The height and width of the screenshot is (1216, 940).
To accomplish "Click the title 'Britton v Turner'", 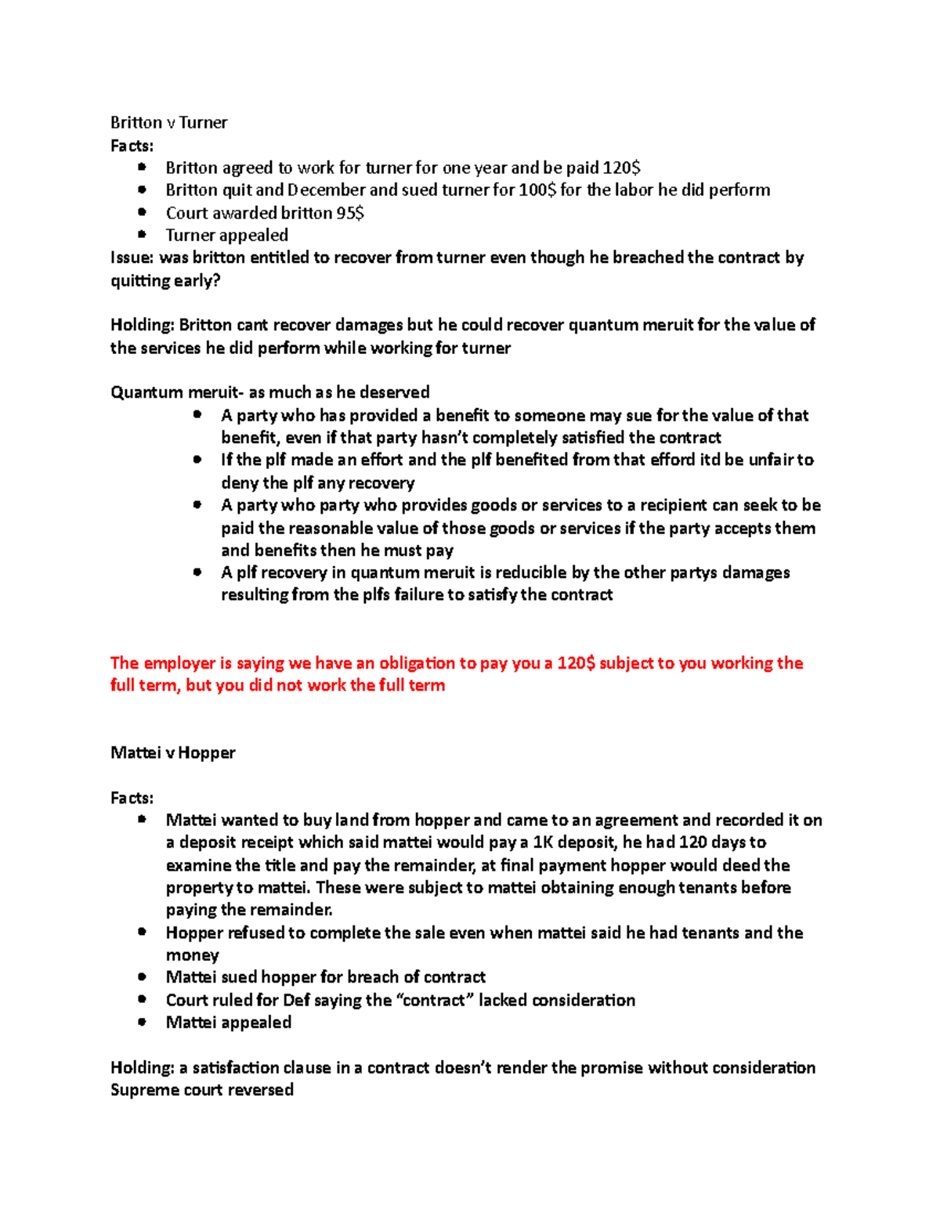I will (168, 122).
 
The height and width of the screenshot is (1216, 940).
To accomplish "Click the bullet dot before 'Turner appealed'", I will (142, 234).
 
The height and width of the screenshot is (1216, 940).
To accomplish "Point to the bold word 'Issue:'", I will (132, 258).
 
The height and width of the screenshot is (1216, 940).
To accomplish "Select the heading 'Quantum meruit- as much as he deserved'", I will (269, 392).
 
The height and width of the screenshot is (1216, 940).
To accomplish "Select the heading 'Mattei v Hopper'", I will (172, 752).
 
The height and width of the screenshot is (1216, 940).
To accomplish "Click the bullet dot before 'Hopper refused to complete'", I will (142, 932).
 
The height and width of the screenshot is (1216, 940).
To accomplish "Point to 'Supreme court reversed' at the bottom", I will (201, 1090).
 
